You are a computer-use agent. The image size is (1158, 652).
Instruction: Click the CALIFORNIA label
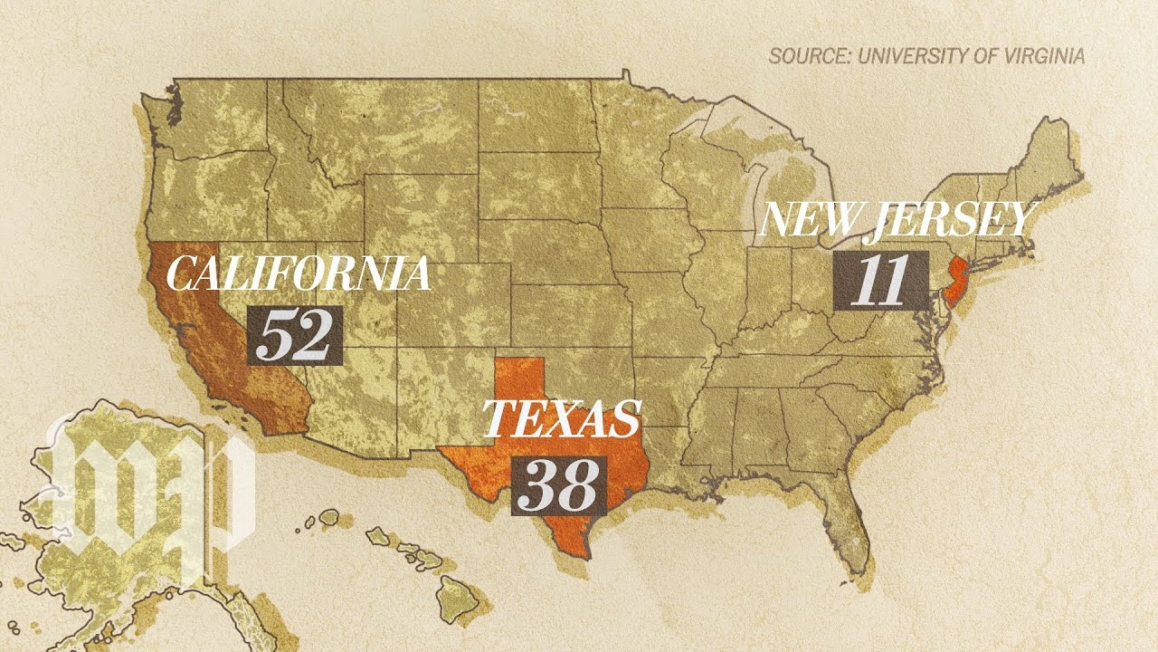point(298,274)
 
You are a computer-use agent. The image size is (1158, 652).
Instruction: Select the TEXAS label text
point(562,418)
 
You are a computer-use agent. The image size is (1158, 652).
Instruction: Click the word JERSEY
point(950,220)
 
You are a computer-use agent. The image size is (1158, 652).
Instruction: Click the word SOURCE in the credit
point(808,56)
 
